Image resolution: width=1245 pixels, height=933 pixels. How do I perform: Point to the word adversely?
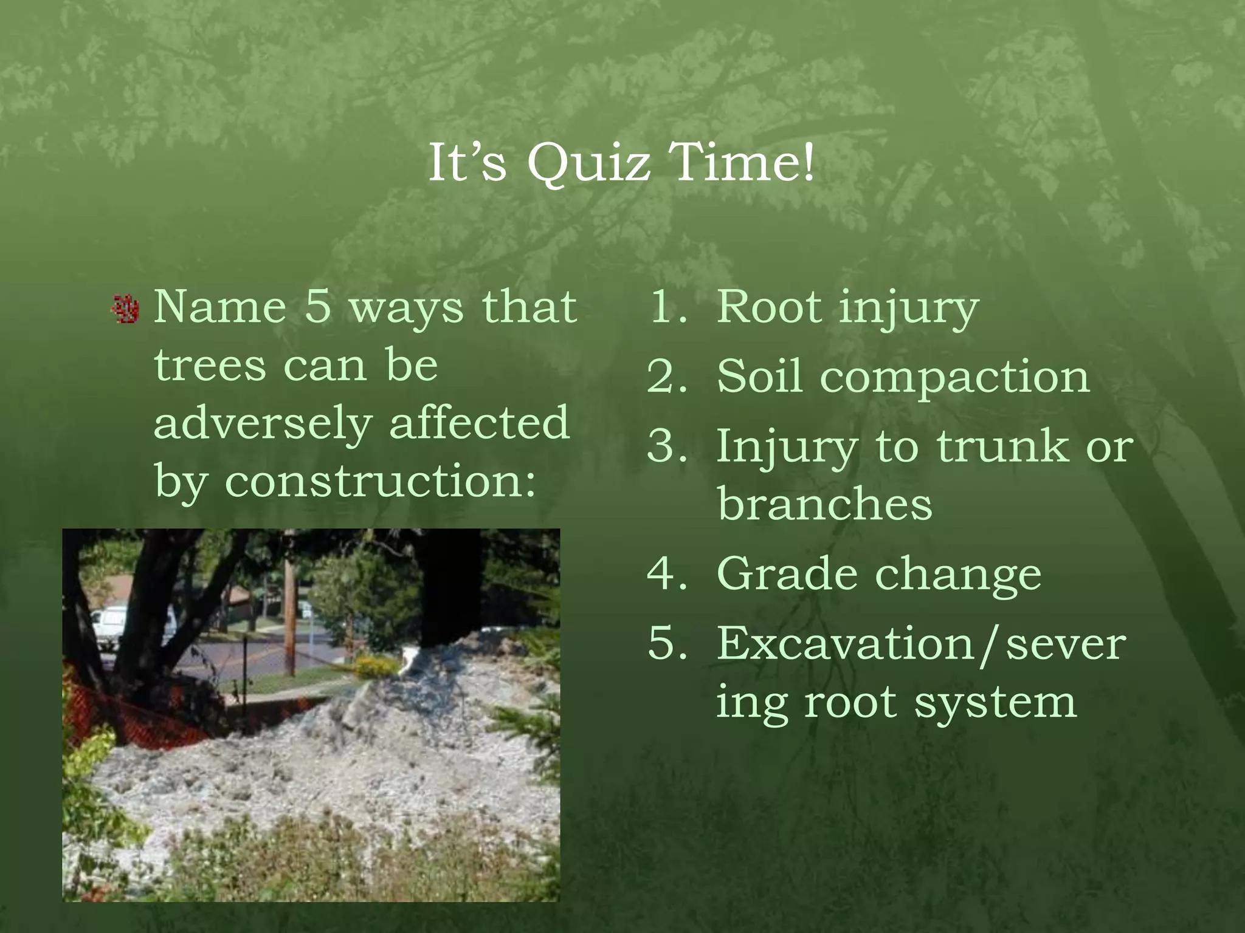pyautogui.click(x=263, y=423)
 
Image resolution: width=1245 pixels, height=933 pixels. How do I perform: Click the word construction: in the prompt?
pyautogui.click(x=380, y=481)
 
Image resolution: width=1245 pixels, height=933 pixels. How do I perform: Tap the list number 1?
pyautogui.click(x=667, y=307)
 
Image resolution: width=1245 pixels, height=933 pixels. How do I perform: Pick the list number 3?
pyautogui.click(x=667, y=446)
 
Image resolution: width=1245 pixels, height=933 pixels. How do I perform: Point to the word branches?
pyautogui.click(x=824, y=504)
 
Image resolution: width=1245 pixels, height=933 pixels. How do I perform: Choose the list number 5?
pyautogui.click(x=667, y=643)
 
